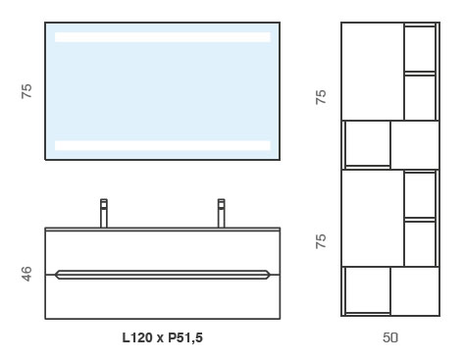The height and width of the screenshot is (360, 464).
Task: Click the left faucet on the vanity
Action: point(104,213)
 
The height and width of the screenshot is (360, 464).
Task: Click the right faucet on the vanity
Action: point(222,213)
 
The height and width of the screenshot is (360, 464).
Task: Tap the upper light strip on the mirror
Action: point(163,37)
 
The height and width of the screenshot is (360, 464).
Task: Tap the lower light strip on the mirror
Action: point(163,145)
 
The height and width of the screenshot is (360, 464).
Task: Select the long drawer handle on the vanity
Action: point(163,275)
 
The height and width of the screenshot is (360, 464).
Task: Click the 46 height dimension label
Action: point(26,274)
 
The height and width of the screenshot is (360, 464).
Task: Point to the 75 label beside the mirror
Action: point(26,91)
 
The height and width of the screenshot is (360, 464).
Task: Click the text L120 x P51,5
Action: point(163,337)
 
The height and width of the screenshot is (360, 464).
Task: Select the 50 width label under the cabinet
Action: point(390,337)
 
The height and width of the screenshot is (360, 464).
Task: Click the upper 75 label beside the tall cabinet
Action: point(321,97)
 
